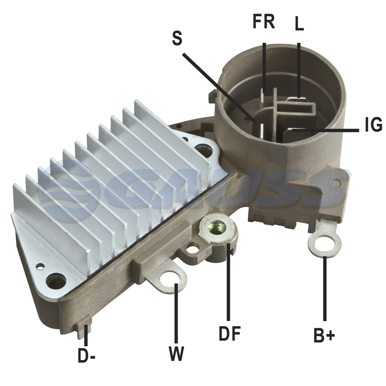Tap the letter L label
[299, 24]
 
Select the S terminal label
[177, 38]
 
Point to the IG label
[373, 124]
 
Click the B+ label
[324, 335]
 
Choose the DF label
[230, 333]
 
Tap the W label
[176, 354]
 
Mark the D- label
[86, 355]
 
